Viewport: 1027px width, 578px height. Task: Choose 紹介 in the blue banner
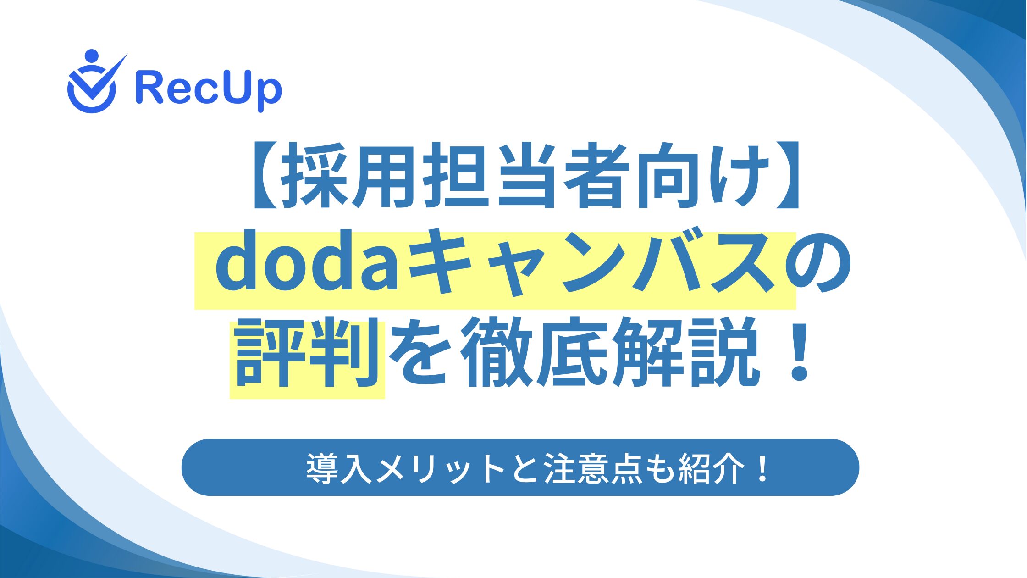711,468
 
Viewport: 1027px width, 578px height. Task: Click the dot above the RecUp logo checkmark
92,56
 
